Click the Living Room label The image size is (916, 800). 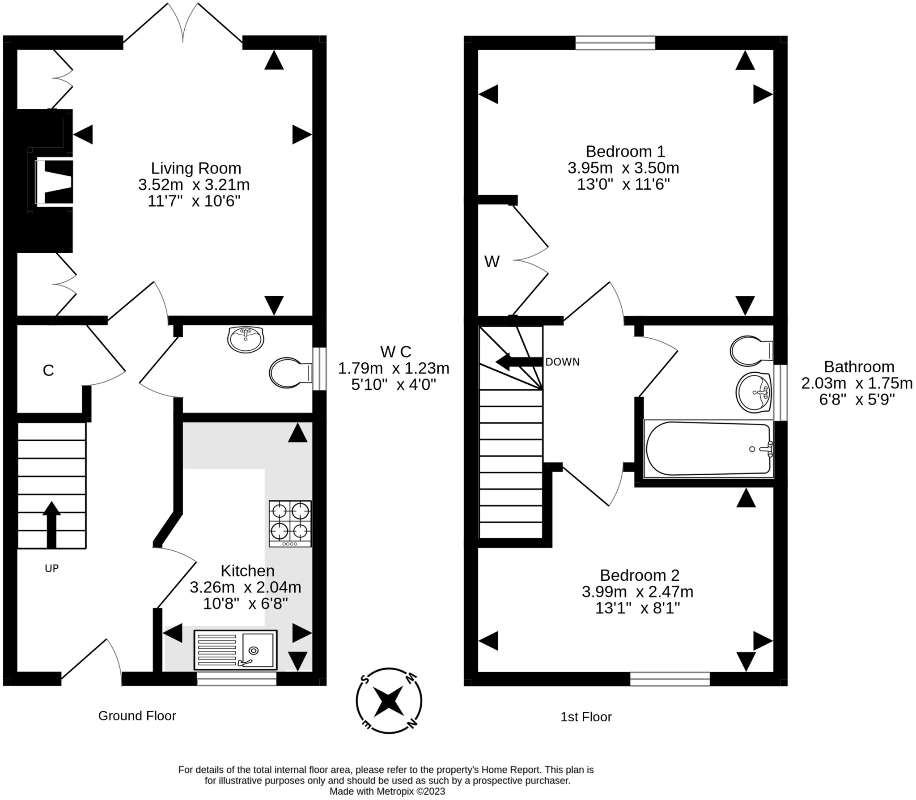(196, 168)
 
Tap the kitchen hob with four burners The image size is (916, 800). (290, 523)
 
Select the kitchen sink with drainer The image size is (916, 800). (236, 650)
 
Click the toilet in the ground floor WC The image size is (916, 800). (291, 372)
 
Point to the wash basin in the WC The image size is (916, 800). (246, 340)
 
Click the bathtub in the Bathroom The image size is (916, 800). (708, 449)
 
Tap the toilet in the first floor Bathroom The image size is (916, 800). (751, 351)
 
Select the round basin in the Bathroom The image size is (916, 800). (754, 392)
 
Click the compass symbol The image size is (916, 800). (389, 702)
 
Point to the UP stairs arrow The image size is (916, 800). (51, 525)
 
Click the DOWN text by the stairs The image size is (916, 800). (562, 362)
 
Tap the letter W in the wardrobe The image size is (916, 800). (492, 261)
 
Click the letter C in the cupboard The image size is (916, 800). (48, 370)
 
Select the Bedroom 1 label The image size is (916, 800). (625, 151)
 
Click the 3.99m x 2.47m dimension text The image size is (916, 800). (637, 592)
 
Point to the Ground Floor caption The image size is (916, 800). (137, 716)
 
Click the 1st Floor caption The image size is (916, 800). (586, 717)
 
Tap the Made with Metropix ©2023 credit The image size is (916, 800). (387, 791)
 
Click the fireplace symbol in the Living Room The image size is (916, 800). (54, 182)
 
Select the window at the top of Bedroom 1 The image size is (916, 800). (615, 43)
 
